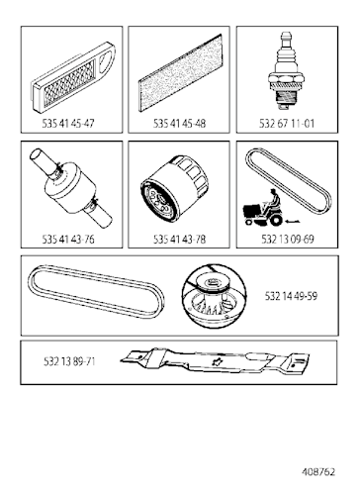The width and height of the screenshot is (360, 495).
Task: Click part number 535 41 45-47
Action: click(68, 124)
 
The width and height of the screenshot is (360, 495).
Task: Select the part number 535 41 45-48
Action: click(179, 124)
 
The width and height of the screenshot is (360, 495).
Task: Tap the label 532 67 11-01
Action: click(287, 124)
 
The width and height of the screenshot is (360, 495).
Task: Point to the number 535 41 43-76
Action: click(68, 239)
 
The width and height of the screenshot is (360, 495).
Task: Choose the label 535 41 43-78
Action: click(179, 239)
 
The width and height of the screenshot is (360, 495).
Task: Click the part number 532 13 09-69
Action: click(288, 239)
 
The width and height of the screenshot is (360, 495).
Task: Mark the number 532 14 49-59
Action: click(291, 296)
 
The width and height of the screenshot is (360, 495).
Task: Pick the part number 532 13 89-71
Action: click(69, 361)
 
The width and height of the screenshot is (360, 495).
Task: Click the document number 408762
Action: click(318, 471)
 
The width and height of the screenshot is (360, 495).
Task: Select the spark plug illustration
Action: click(286, 71)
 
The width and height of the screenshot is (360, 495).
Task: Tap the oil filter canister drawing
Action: click(174, 189)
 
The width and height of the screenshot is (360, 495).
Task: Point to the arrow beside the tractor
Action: click(293, 222)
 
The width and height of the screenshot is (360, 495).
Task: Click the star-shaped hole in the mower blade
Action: click(218, 362)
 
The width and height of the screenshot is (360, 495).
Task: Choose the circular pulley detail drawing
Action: click(215, 296)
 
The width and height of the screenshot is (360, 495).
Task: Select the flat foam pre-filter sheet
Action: click(181, 73)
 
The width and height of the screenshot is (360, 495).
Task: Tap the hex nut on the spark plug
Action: click(286, 79)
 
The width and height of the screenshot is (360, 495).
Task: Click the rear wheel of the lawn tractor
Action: click(276, 221)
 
